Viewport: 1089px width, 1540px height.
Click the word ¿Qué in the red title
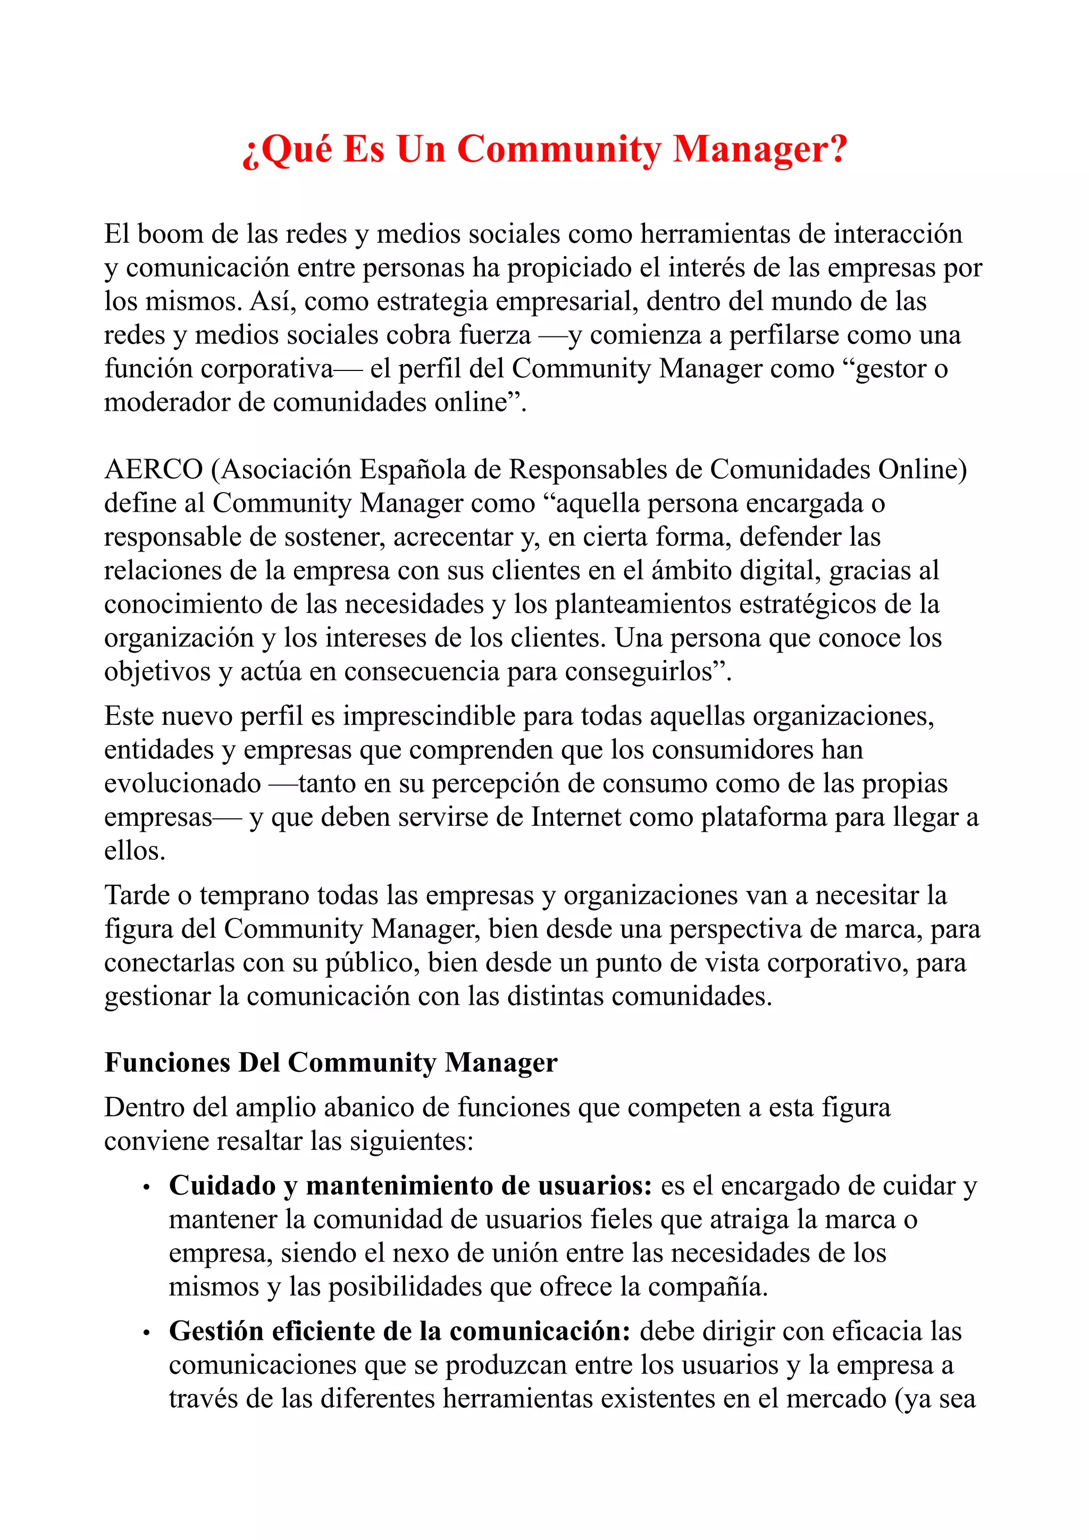pos(287,150)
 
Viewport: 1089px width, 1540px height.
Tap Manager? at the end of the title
pos(760,150)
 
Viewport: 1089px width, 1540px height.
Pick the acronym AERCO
pos(154,470)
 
